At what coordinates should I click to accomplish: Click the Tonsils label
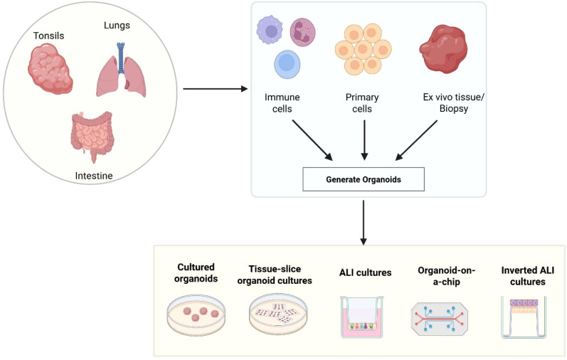tap(49, 36)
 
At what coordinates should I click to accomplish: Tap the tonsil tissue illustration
tap(51, 68)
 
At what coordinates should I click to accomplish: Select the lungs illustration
tap(121, 70)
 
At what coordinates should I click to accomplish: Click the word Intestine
tap(94, 176)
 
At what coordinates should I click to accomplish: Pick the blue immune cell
tap(287, 64)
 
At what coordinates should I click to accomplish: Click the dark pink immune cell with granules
tap(302, 32)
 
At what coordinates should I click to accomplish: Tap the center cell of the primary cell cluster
tap(364, 50)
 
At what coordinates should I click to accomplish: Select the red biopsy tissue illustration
tap(443, 50)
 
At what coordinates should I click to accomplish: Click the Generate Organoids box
tap(364, 179)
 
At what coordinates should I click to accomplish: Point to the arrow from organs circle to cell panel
tap(216, 89)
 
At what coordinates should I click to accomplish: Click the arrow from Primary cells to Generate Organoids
tap(364, 140)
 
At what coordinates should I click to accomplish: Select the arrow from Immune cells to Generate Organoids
tap(312, 140)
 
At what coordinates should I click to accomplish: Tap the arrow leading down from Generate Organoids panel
tap(364, 223)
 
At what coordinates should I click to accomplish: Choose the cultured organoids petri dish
tap(196, 314)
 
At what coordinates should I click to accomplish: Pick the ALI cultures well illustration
tap(362, 317)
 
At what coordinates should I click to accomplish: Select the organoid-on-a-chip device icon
tap(440, 319)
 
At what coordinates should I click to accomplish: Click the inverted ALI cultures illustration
tap(524, 317)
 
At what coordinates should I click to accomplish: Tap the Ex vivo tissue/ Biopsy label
tap(454, 103)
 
